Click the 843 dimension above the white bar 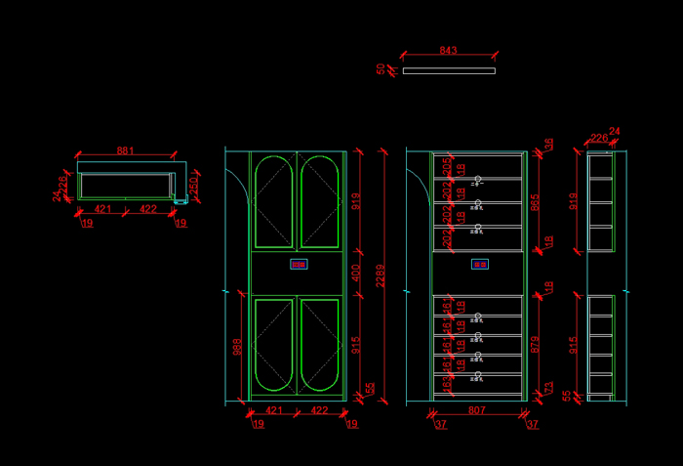(x=448, y=50)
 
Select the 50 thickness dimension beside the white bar (x=381, y=69)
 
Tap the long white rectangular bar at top (x=449, y=70)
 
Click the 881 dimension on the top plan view (x=125, y=150)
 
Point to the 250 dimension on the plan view (x=193, y=184)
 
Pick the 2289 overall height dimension (x=381, y=276)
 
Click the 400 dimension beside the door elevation (x=355, y=273)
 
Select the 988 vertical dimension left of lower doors (x=237, y=347)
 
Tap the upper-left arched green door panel (x=273, y=202)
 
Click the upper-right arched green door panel (x=320, y=202)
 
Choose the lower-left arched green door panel (x=273, y=345)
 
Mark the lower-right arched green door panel (x=320, y=345)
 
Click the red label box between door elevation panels (x=298, y=264)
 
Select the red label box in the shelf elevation (x=479, y=264)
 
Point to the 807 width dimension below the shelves (x=477, y=411)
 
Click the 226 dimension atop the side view (x=598, y=139)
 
